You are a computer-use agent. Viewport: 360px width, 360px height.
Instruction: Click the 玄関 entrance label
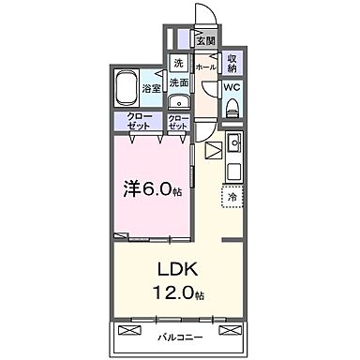pos(204,40)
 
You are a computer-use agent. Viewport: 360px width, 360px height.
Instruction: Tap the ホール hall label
pos(204,67)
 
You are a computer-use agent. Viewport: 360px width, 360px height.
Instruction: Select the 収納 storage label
pos(232,64)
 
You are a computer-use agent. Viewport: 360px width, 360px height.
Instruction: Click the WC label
pos(230,90)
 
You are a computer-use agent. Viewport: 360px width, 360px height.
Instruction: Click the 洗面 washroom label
pos(179,82)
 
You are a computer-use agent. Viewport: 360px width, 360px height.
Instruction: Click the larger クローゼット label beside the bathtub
pos(141,121)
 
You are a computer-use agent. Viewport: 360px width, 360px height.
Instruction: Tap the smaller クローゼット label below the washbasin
pos(177,121)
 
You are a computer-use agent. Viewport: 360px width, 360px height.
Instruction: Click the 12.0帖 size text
pos(175,293)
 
